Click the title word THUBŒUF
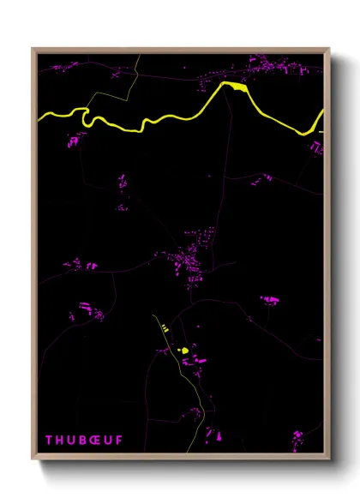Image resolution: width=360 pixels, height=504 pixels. [83, 441]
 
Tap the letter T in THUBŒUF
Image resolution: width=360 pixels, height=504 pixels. [49, 441]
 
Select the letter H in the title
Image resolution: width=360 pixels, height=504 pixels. [60, 441]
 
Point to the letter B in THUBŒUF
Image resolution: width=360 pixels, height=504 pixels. [84, 441]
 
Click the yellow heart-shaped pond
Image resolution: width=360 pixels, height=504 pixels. [182, 350]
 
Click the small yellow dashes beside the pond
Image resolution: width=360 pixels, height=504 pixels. [165, 328]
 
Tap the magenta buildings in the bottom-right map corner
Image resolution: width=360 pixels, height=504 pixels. [297, 439]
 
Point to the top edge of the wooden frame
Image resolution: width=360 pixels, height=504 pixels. [180, 50]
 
